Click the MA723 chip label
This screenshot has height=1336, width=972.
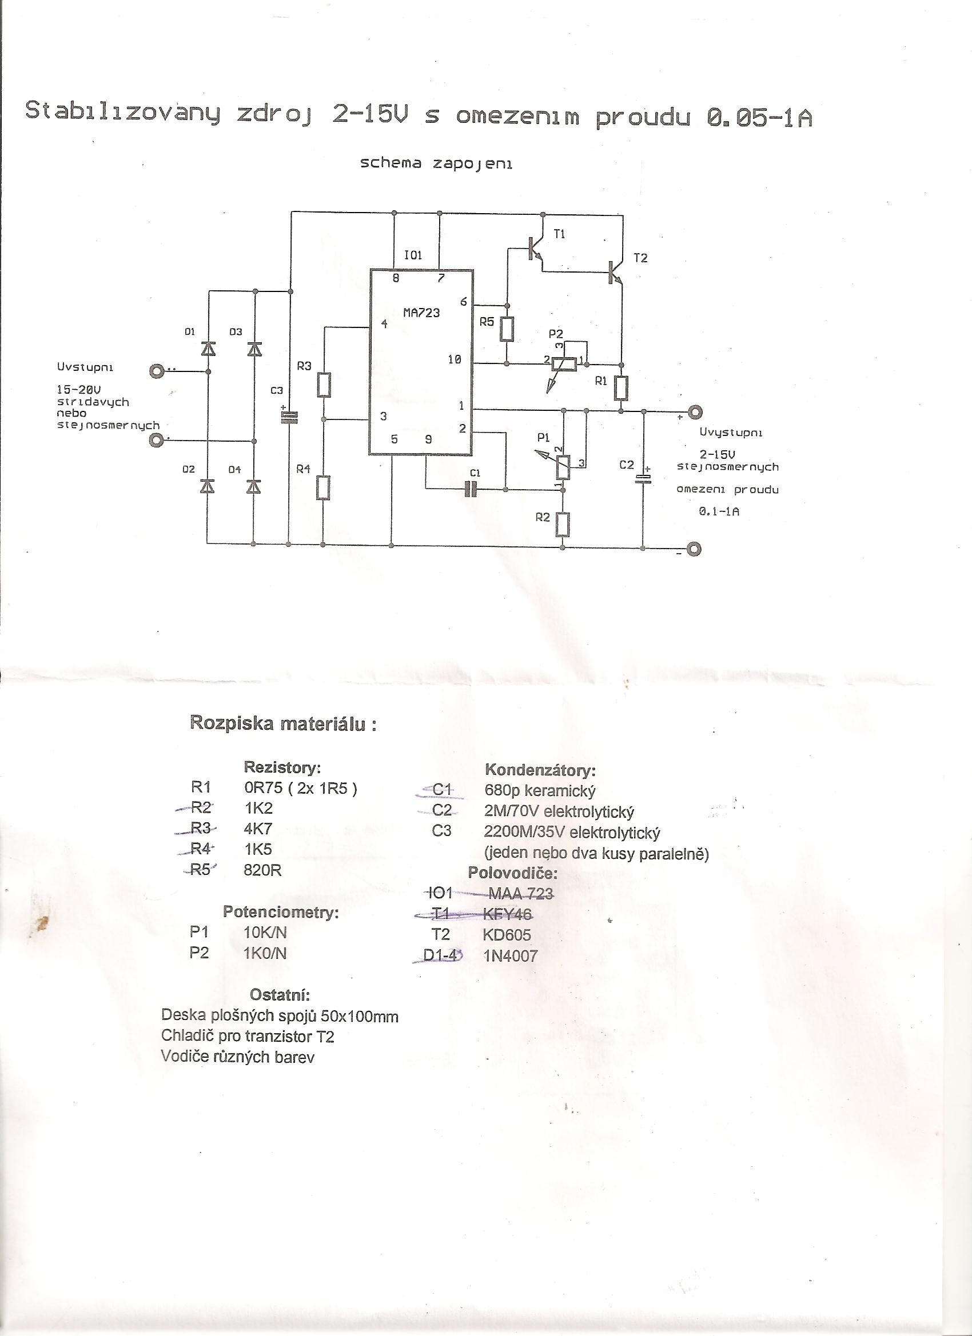coord(421,313)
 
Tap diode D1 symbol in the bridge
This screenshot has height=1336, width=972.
coord(208,349)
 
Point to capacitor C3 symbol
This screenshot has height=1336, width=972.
coord(289,417)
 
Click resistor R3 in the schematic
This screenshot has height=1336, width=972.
coord(324,385)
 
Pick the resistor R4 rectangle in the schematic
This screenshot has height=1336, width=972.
coord(323,488)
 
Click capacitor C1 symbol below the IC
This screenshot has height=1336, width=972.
coord(471,489)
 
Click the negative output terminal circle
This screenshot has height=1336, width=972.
coord(695,549)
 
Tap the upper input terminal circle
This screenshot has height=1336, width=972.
coord(157,371)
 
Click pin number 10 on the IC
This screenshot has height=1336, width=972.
coord(454,359)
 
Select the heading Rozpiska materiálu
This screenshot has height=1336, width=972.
coord(283,723)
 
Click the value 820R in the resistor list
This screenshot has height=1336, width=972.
coord(262,870)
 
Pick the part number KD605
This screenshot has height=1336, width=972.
coord(507,934)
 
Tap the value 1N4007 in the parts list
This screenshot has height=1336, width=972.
coord(511,955)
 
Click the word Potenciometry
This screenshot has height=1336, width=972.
coord(281,912)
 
